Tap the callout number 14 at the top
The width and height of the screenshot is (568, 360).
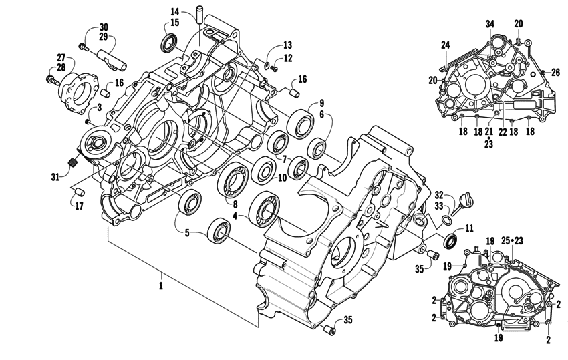click(174, 11)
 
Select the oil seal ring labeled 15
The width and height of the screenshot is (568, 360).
click(170, 44)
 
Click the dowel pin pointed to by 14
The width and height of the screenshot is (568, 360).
click(198, 14)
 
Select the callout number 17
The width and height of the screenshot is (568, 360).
click(80, 206)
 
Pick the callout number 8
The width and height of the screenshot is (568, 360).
click(234, 203)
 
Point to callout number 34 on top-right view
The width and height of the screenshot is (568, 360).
click(490, 25)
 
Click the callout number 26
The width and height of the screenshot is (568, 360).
click(555, 72)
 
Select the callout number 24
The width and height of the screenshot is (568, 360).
click(445, 45)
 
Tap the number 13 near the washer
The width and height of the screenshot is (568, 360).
click(287, 45)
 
